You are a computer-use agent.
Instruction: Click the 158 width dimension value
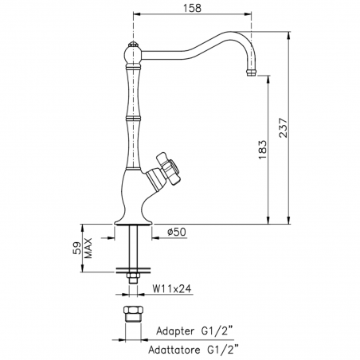(192, 8)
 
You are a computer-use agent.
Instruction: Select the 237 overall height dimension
(283, 127)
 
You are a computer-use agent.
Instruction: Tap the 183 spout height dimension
(262, 150)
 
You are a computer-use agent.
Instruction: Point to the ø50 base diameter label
(177, 232)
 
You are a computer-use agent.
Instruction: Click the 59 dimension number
(76, 248)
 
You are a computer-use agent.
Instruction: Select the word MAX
(88, 248)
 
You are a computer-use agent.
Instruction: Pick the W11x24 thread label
(171, 288)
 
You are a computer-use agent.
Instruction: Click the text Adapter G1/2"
(194, 331)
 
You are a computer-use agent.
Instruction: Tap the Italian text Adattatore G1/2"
(194, 350)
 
